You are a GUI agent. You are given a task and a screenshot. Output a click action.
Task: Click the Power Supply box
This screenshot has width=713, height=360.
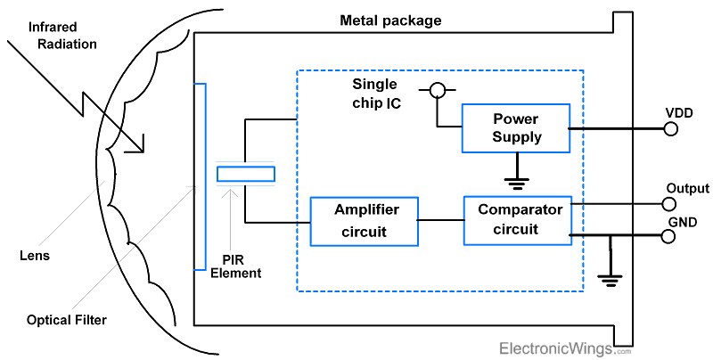pyautogui.click(x=516, y=128)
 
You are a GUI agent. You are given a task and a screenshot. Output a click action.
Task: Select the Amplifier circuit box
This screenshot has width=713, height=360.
pyautogui.click(x=364, y=221)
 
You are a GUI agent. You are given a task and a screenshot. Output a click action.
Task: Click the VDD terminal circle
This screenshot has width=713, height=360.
pyautogui.click(x=670, y=128)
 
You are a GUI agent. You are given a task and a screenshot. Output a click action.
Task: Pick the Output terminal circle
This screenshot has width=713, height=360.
pyautogui.click(x=670, y=204)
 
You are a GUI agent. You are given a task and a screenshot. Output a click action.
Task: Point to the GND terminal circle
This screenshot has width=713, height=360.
pyautogui.click(x=670, y=236)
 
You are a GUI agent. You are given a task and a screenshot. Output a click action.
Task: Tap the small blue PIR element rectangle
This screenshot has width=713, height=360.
pyautogui.click(x=246, y=174)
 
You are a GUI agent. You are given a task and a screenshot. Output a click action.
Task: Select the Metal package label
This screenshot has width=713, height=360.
pyautogui.click(x=389, y=20)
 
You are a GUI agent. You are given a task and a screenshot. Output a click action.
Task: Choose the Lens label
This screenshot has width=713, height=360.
pyautogui.click(x=33, y=256)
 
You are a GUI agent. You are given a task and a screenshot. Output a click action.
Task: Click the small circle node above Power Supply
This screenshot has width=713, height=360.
pyautogui.click(x=437, y=90)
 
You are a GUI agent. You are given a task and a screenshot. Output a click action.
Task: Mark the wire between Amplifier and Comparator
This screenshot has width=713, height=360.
pyautogui.click(x=441, y=220)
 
